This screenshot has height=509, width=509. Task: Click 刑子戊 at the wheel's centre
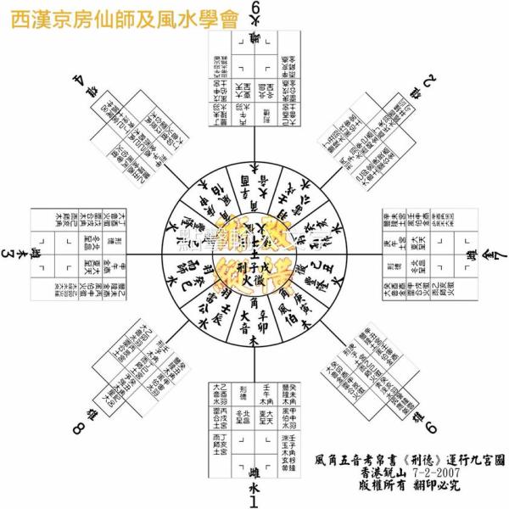pos(255,261)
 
